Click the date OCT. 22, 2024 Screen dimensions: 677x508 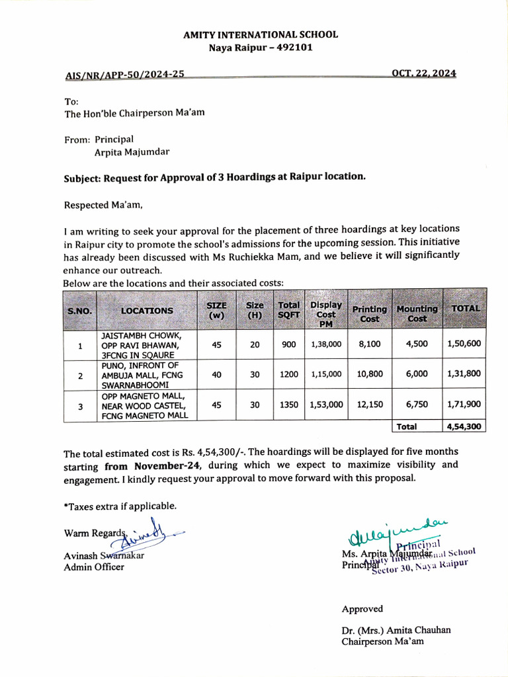point(423,73)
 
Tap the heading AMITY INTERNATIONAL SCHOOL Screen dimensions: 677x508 point(260,34)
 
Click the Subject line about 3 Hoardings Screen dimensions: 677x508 point(214,177)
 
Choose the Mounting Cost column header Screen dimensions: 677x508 point(417,313)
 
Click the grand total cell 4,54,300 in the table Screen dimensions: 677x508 point(464,426)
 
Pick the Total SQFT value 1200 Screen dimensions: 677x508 point(288,374)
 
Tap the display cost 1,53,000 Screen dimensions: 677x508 point(326,405)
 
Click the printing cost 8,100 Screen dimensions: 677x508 point(369,344)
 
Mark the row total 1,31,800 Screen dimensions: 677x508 point(464,374)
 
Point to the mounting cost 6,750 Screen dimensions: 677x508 point(417,405)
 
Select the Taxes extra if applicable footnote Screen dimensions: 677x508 point(120,506)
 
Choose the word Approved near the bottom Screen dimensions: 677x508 point(362,609)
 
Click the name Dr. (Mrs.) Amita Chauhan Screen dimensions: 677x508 point(396,630)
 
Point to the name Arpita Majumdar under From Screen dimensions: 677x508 point(132,152)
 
